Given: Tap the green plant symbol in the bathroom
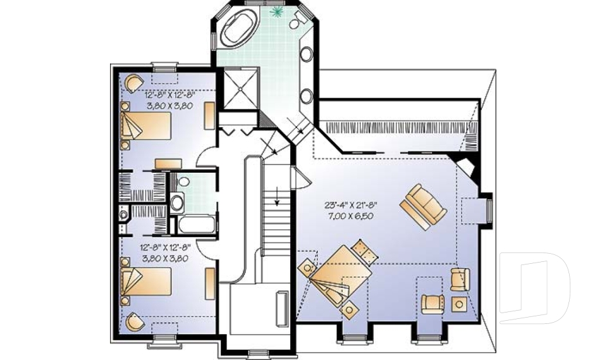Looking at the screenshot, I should [276, 11].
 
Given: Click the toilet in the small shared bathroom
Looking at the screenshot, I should [178, 202].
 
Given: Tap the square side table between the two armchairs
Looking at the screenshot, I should [459, 305].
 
